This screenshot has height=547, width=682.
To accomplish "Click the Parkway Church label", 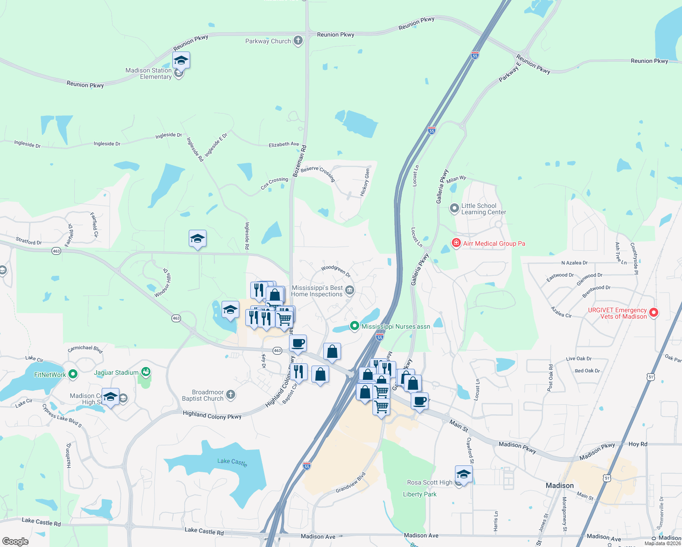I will pyautogui.click(x=268, y=41).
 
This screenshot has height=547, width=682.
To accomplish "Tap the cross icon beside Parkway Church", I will pyautogui.click(x=298, y=41).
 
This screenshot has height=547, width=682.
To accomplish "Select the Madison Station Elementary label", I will pyautogui.click(x=149, y=73).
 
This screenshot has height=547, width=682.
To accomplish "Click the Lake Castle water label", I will pyautogui.click(x=232, y=462).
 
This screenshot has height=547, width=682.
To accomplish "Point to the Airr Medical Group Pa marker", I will pyautogui.click(x=456, y=243).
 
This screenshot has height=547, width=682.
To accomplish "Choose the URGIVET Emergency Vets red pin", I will pyautogui.click(x=654, y=313).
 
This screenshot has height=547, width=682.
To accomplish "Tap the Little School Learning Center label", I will pyautogui.click(x=484, y=209).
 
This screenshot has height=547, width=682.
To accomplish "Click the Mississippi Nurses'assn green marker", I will pyautogui.click(x=354, y=326).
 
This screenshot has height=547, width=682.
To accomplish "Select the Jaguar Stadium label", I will pyautogui.click(x=116, y=372).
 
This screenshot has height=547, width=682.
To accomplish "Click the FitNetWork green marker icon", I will pyautogui.click(x=73, y=375).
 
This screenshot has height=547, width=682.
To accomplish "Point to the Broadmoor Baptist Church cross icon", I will pyautogui.click(x=231, y=395).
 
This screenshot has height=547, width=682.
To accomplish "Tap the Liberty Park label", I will pyautogui.click(x=419, y=494).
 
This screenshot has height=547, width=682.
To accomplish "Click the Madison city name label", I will pyautogui.click(x=559, y=485).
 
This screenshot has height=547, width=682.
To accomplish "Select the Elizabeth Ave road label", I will pyautogui.click(x=284, y=144).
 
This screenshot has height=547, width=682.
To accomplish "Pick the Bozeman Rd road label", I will pyautogui.click(x=300, y=161).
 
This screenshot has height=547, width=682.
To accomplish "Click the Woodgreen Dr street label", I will pyautogui.click(x=336, y=271).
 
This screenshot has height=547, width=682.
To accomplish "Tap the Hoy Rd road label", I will pyautogui.click(x=638, y=444).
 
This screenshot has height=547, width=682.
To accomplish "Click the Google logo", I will pyautogui.click(x=15, y=542).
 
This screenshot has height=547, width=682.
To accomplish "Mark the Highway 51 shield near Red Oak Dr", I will pyautogui.click(x=651, y=377).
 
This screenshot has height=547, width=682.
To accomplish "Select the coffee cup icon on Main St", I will pyautogui.click(x=420, y=401).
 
